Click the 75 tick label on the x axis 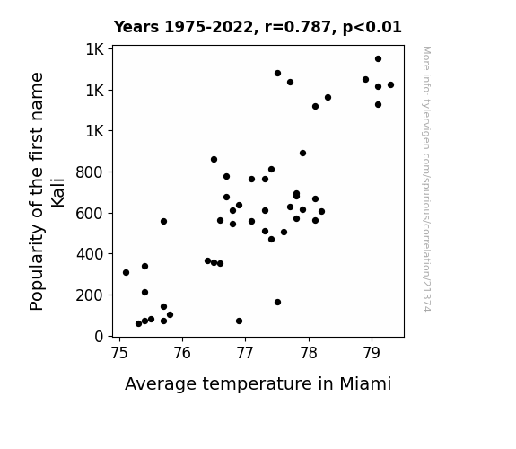pos(119,353)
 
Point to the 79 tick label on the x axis pos(372,353)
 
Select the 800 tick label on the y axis pos(90,172)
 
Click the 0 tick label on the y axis pos(99,337)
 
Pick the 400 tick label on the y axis pos(90,254)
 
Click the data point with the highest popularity pos(378,59)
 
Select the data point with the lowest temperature pos(126,272)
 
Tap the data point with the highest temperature pos(390,85)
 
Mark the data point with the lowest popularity pos(138,324)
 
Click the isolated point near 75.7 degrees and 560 pos(163,222)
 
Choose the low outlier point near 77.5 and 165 pos(277,302)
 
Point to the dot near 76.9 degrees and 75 pos(240,321)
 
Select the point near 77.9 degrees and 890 pos(302,154)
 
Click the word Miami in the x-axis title pos(365,383)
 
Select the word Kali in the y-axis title pos(58,193)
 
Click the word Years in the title pos(136,27)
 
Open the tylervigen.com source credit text pos(426,179)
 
